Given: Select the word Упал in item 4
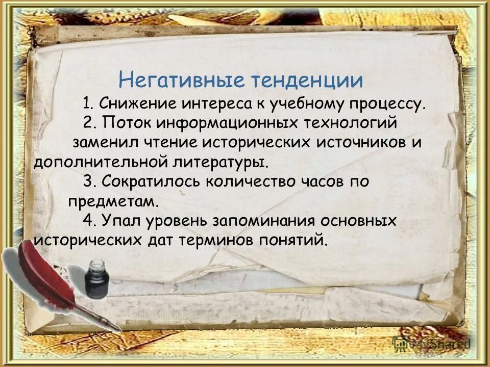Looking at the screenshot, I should click(x=119, y=220).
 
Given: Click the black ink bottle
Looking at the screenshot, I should click(x=96, y=279).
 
